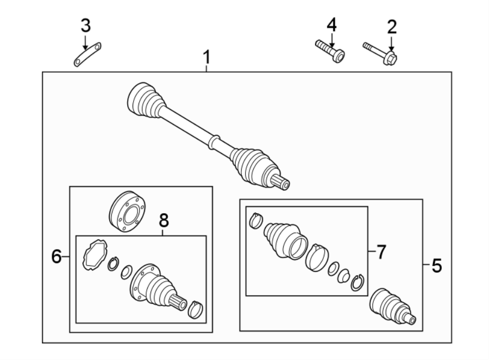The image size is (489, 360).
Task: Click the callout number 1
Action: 206,57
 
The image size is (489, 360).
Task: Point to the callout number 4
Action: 331,24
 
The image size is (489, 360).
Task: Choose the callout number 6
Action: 57,256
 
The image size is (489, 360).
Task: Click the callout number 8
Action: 164,220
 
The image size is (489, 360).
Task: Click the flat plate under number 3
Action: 88,56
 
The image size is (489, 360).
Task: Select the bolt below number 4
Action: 330,51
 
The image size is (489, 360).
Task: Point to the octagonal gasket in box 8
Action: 92,254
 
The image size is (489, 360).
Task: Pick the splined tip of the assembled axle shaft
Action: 283,183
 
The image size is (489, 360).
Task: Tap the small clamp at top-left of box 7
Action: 257,220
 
